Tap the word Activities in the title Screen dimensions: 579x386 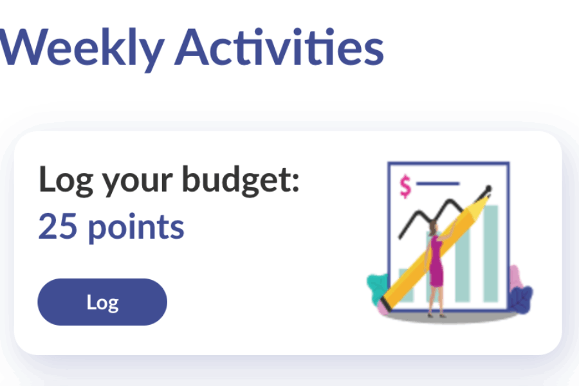tap(279, 47)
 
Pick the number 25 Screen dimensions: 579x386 tap(58, 226)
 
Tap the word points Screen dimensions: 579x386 tap(136, 228)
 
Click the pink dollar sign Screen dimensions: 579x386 tap(405, 187)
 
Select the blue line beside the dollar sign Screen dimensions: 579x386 tap(437, 183)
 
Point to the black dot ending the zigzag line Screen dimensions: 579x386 tap(488, 189)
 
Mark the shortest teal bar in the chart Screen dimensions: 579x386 tap(405, 285)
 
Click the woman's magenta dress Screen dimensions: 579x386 tap(436, 263)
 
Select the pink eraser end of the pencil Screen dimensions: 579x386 tap(383, 308)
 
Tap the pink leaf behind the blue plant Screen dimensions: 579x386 tap(516, 277)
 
